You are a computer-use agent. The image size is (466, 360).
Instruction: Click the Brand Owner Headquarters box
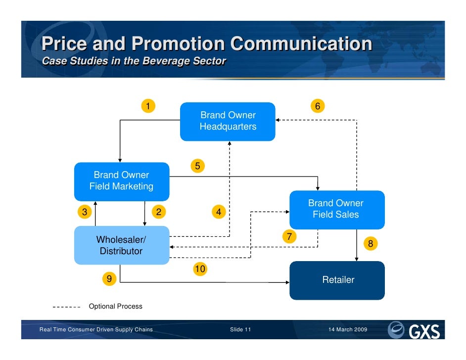[x=228, y=121]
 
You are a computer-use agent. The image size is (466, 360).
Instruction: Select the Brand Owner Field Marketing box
[x=121, y=181]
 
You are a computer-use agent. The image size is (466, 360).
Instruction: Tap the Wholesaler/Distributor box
[x=121, y=245]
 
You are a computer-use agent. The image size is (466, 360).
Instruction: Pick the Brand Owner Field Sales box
[x=336, y=209]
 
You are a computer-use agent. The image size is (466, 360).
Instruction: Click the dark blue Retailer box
[x=337, y=280]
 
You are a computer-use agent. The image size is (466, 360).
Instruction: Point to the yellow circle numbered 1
[x=147, y=106]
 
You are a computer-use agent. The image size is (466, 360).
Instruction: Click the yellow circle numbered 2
[x=158, y=212]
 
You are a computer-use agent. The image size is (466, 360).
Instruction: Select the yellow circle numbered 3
[x=85, y=212]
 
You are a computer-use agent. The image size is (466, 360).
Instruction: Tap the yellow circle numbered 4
[x=218, y=212]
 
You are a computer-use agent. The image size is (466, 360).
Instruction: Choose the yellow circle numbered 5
[x=197, y=166]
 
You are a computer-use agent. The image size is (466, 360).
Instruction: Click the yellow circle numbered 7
[x=289, y=236]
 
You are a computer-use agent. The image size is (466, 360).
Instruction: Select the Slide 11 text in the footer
[x=241, y=329]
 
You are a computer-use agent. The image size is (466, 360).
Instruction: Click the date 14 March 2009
[x=348, y=329]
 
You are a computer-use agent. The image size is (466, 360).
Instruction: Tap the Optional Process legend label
[x=115, y=307]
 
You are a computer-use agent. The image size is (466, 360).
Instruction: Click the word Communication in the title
[x=301, y=44]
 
